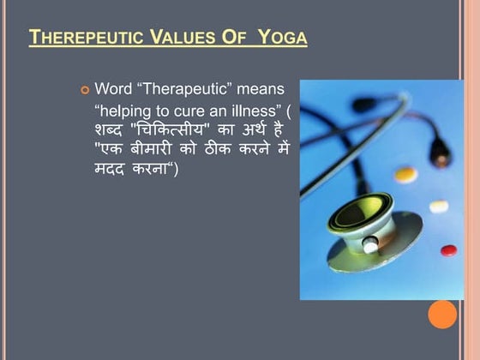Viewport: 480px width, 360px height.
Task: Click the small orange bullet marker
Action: pyautogui.click(x=83, y=89)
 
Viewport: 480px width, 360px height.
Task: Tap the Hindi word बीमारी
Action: pyautogui.click(x=155, y=148)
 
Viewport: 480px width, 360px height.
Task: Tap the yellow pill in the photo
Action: pyautogui.click(x=405, y=174)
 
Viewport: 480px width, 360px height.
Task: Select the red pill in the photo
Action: pyautogui.click(x=448, y=250)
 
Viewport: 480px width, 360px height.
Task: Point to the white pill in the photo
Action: pyautogui.click(x=439, y=206)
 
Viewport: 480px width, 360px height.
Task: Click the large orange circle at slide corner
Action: pyautogui.click(x=443, y=314)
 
